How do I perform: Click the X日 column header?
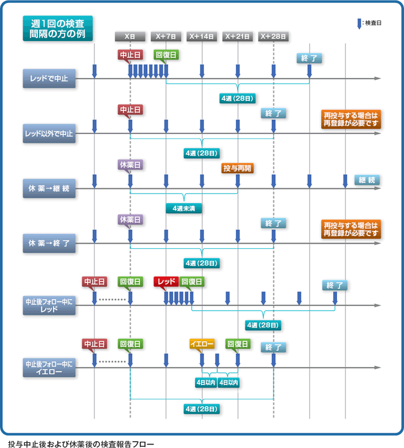[130, 36]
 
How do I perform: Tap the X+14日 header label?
[201, 36]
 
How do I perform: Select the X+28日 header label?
[273, 36]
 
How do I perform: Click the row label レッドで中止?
[49, 79]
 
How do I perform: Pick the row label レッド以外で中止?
[49, 133]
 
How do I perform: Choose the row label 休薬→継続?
[49, 188]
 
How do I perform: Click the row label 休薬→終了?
[49, 243]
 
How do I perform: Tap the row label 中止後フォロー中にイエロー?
[49, 368]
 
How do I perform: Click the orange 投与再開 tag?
[238, 169]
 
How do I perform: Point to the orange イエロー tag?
[201, 344]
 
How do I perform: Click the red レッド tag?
[166, 282]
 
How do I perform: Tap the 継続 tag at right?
[367, 180]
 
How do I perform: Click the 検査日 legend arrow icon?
[359, 24]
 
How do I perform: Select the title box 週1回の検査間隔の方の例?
[58, 28]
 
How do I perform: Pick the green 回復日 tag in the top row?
[166, 55]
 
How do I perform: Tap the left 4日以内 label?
[205, 382]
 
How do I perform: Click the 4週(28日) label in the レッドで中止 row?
[237, 99]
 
